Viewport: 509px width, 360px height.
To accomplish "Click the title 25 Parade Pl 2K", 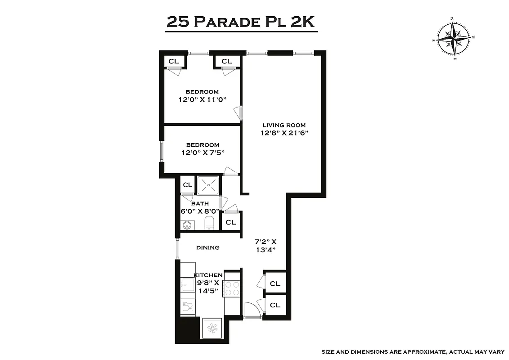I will point(241,21).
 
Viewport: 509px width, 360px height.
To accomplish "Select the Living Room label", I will point(284,125).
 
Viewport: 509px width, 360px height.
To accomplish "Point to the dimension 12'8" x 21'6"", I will point(284,133).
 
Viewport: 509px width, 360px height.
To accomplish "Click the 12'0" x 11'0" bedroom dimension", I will point(202,99).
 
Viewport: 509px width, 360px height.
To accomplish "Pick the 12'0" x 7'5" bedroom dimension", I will point(203,153).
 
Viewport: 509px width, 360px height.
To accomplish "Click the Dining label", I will point(207,247).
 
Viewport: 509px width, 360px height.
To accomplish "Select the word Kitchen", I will point(208,275).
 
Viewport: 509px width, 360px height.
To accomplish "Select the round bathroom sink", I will point(187,225).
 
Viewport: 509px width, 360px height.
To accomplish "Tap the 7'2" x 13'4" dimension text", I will point(266,246).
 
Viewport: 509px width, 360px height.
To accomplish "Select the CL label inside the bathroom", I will point(187,185).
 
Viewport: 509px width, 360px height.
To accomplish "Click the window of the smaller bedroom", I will point(162,152).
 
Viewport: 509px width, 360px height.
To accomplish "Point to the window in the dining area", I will point(177,248).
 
